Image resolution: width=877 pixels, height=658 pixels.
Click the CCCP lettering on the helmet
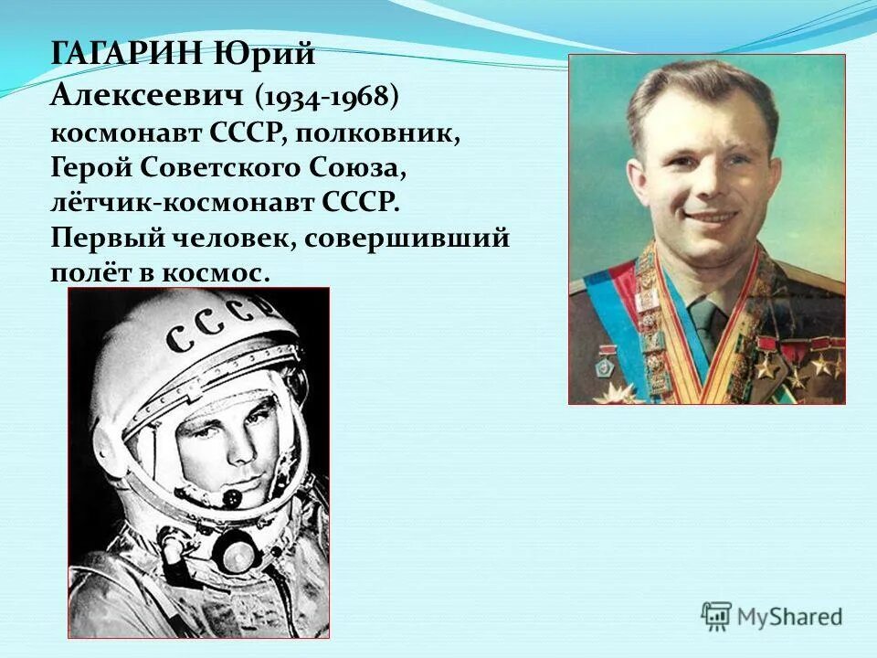click(219, 327)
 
